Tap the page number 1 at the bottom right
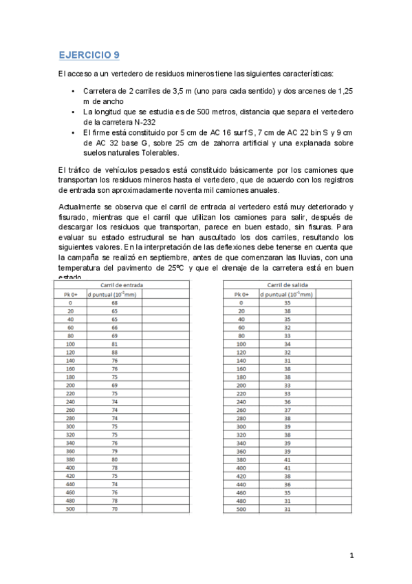[351, 556]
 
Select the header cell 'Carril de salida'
[279, 284]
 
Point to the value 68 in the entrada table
[114, 302]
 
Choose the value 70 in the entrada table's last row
[114, 528]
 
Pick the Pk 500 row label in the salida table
[241, 528]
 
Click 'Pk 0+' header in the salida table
[241, 293]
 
